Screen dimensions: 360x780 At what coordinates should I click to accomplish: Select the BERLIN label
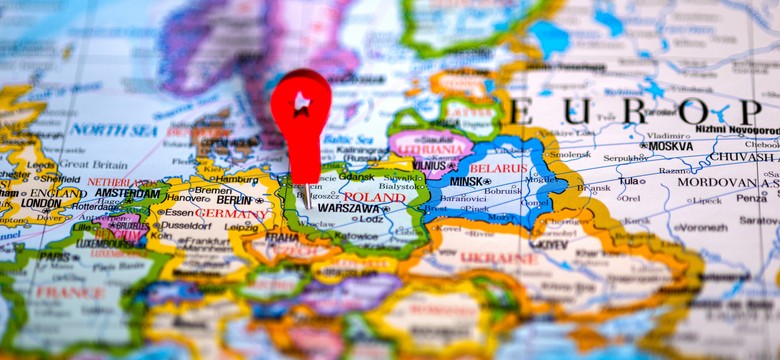tap(235, 200)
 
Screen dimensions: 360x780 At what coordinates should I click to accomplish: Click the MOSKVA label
tap(670, 146)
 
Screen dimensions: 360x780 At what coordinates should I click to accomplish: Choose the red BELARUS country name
tap(497, 168)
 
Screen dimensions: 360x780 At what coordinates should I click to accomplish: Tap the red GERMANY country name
tap(231, 213)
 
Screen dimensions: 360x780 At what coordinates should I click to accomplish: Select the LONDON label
tap(40, 203)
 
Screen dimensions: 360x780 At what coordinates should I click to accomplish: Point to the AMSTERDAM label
tap(127, 193)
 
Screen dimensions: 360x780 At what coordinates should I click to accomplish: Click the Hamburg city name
tap(236, 177)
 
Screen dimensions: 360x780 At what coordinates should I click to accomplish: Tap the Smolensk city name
tap(569, 155)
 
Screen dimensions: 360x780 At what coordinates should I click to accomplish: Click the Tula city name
tap(630, 181)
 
